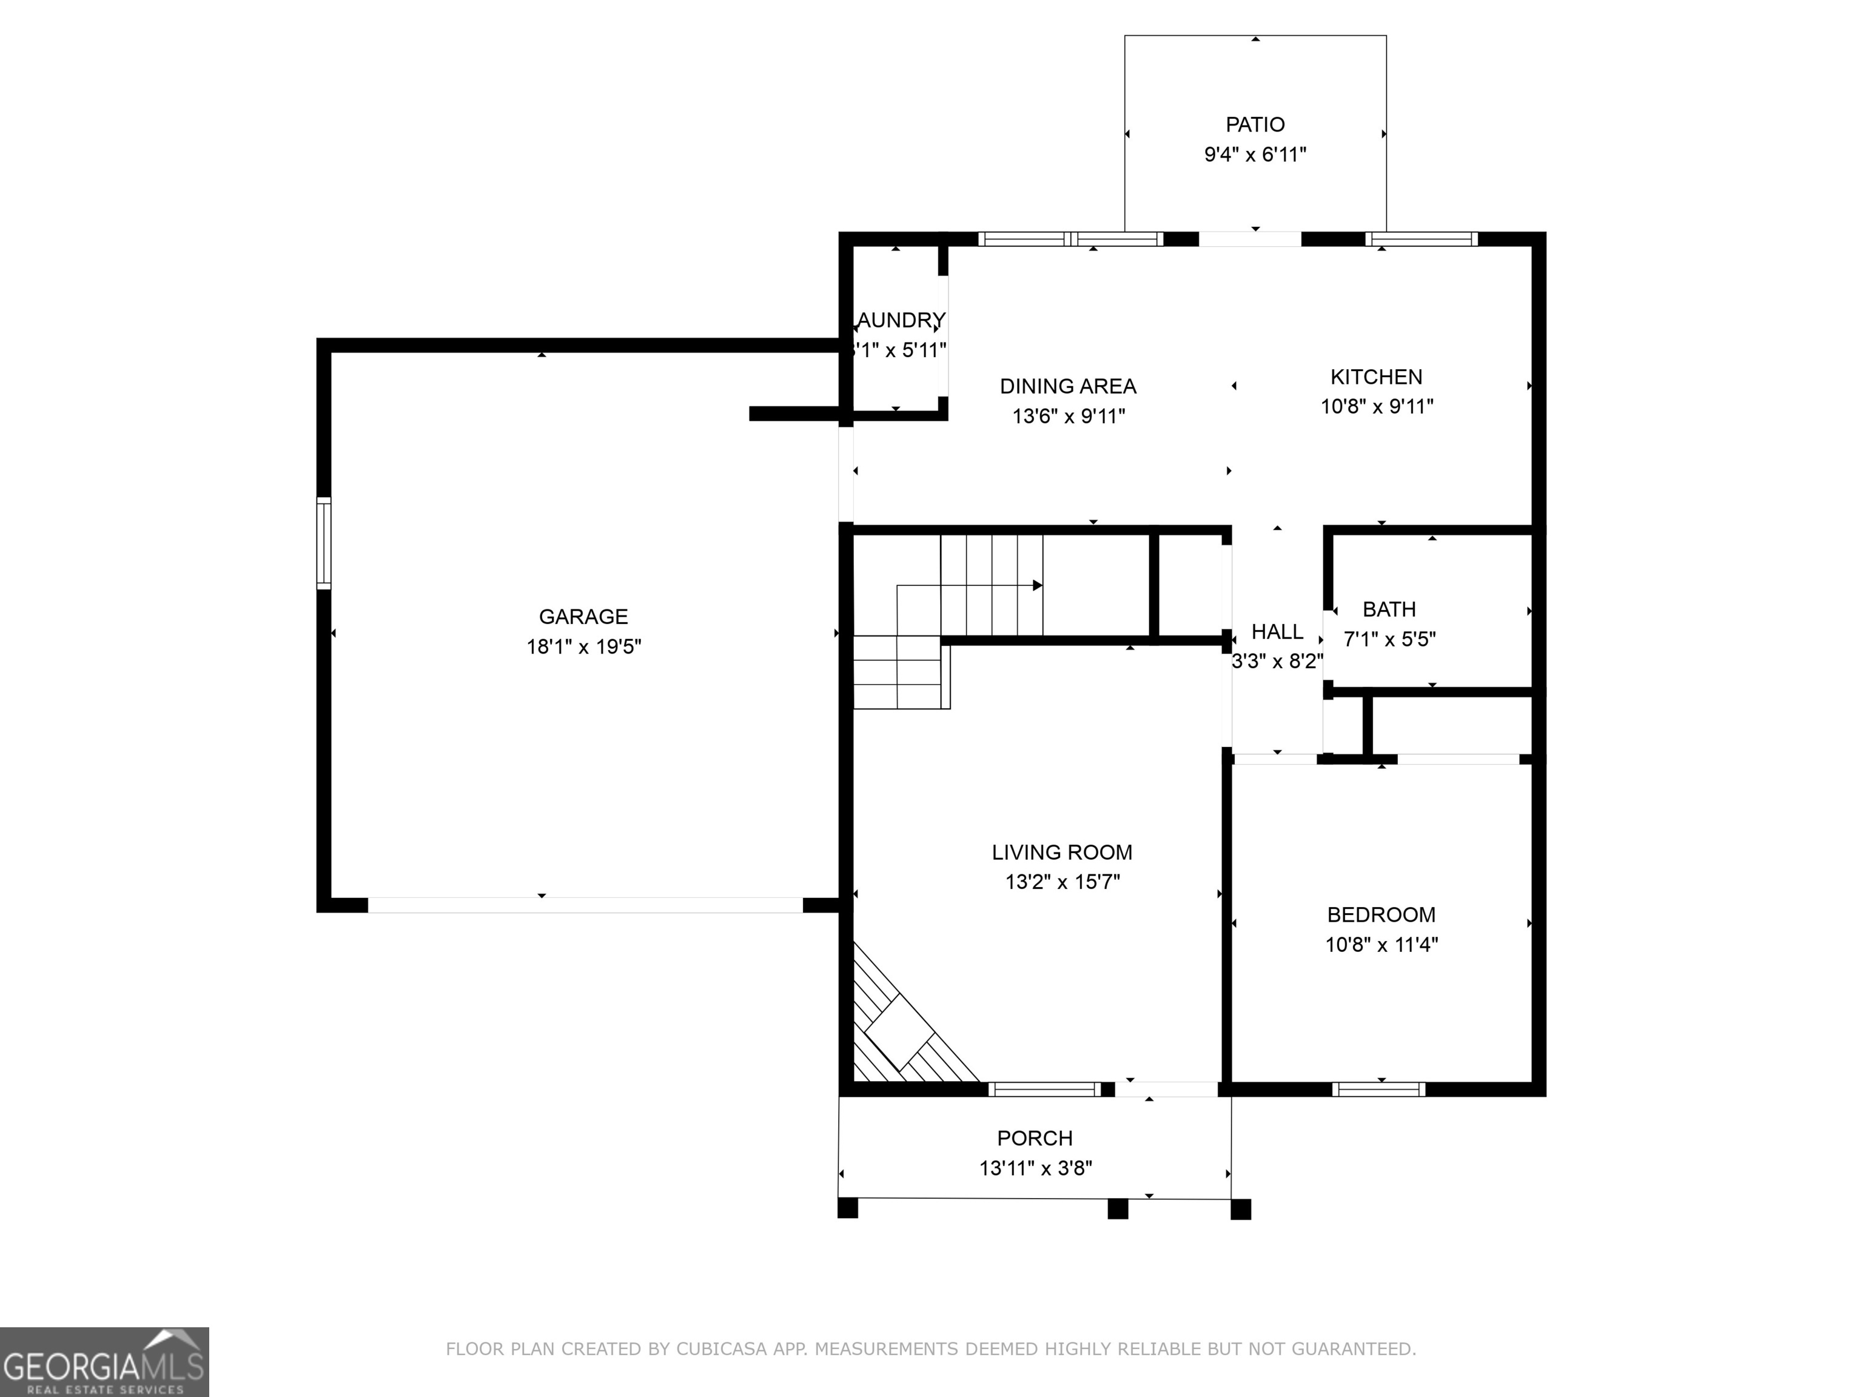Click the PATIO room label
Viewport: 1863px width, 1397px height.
click(1254, 125)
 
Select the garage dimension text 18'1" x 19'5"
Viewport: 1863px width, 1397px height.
click(583, 647)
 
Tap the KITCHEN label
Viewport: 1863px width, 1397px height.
click(1375, 377)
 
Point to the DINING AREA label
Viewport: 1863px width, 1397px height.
click(1067, 386)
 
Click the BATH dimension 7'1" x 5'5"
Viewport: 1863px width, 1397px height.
click(1389, 639)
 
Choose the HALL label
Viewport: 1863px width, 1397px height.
click(1277, 632)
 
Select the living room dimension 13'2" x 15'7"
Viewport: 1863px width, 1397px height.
click(1061, 882)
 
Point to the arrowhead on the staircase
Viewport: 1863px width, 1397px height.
click(1038, 585)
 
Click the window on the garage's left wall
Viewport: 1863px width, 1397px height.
click(323, 543)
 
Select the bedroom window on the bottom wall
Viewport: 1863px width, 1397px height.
click(1378, 1089)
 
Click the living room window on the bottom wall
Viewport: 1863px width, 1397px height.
click(1044, 1089)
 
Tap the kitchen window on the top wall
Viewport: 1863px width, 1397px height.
click(1421, 239)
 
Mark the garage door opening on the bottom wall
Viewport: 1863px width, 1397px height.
click(585, 905)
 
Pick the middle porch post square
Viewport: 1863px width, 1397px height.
click(1117, 1209)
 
